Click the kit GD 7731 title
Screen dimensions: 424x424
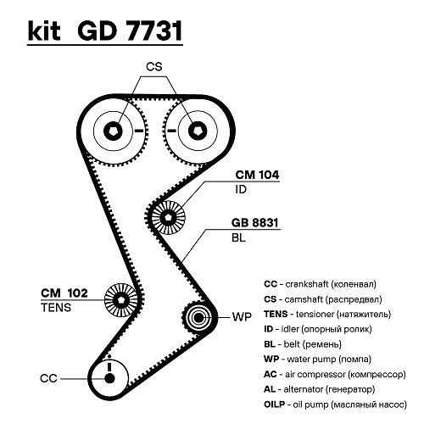(105, 31)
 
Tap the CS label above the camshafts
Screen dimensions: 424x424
(154, 67)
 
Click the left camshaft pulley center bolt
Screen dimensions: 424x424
(113, 131)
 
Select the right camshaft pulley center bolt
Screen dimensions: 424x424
(198, 131)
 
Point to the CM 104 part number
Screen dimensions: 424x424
(257, 175)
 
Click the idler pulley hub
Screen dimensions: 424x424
(169, 218)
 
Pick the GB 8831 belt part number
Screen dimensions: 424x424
(254, 223)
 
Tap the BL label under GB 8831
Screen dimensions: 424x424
(238, 238)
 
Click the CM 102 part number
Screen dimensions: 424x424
(64, 293)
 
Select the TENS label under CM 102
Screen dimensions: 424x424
(56, 308)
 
